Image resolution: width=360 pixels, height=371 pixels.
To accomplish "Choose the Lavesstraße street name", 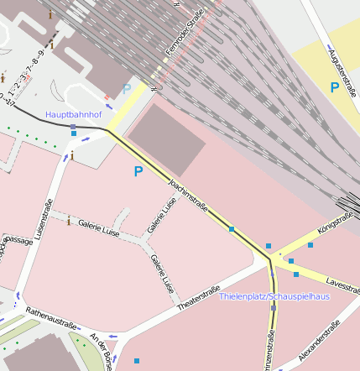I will (342, 282).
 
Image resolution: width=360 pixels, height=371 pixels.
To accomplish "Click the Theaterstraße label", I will (202, 297).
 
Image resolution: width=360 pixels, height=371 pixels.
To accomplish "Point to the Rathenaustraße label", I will (52, 319).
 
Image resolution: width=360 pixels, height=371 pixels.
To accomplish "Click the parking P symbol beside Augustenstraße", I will (334, 87).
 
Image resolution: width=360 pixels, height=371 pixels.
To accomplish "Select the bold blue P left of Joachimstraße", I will (138, 172).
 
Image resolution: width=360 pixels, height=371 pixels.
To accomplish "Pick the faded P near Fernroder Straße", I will (127, 88).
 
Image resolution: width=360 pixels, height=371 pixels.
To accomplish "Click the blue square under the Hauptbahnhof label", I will (74, 127).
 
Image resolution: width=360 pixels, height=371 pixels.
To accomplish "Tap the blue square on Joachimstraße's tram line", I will (232, 228).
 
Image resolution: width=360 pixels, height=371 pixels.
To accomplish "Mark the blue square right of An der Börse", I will (137, 361).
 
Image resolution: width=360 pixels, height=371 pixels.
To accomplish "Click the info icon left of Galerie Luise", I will (69, 220).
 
